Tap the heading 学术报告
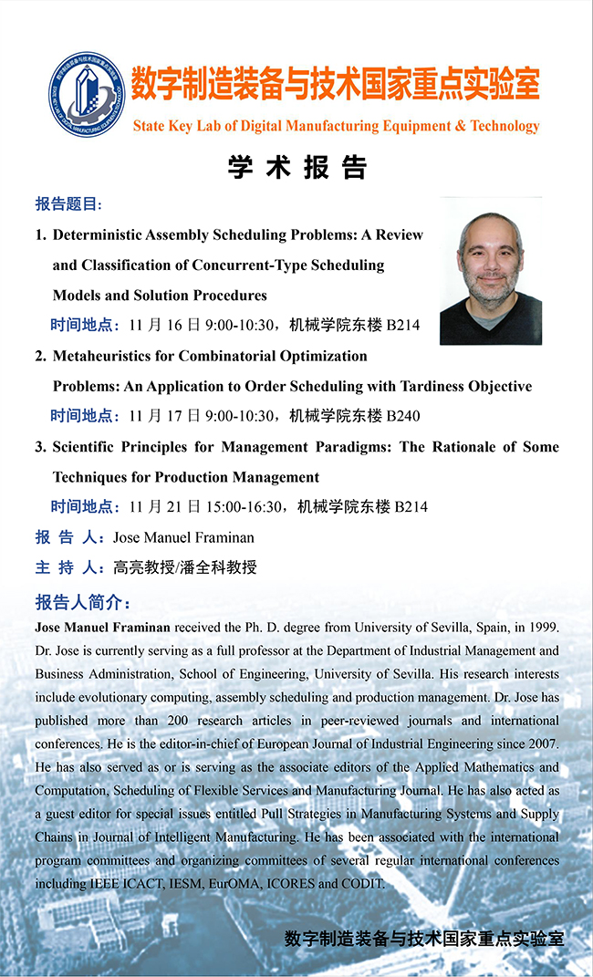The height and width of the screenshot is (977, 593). point(296,168)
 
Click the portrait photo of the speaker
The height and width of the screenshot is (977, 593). point(491,271)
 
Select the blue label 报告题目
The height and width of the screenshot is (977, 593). point(69,203)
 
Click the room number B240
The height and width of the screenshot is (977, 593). point(403,416)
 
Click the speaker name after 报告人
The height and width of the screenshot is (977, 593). point(183,537)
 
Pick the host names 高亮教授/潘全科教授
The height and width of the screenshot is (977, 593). point(185,567)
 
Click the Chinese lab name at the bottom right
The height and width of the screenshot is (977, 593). point(424,938)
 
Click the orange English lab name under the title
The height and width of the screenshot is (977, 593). point(336,127)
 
